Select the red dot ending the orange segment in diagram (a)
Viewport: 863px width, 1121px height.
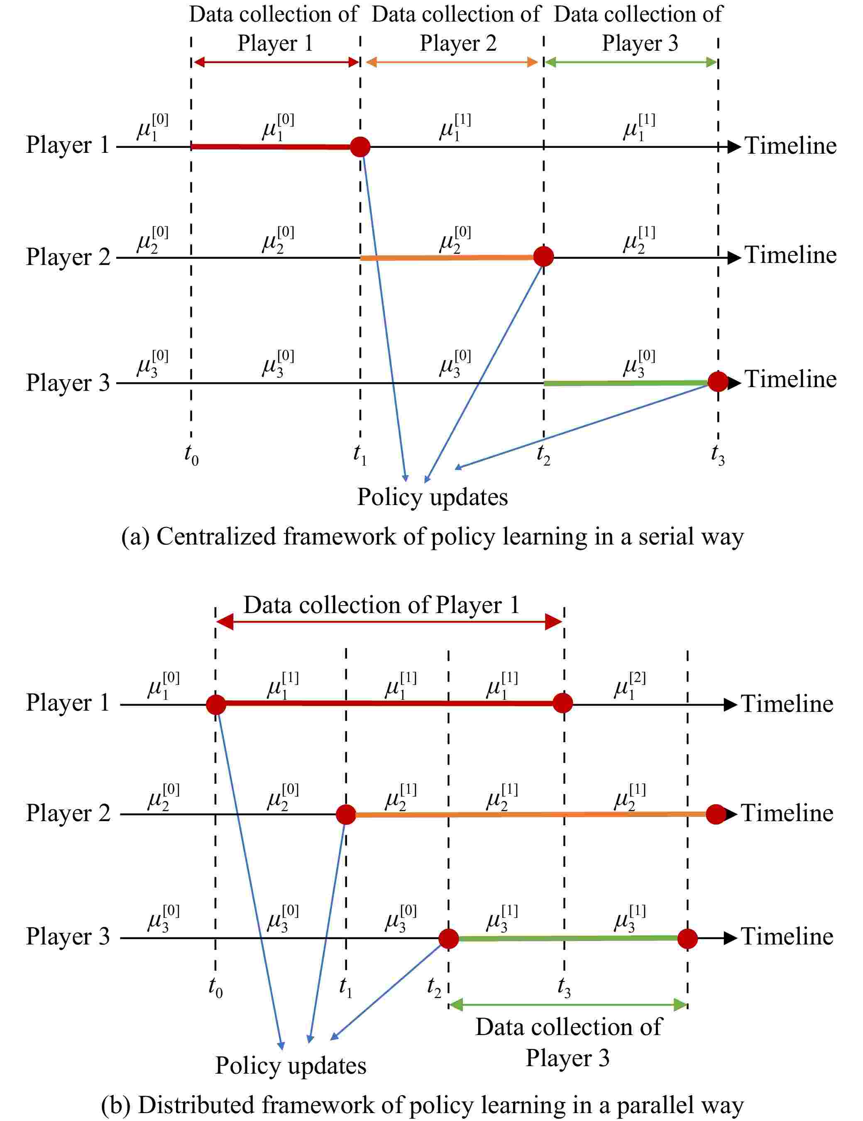[543, 256]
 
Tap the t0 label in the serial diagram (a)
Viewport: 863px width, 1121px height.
[191, 455]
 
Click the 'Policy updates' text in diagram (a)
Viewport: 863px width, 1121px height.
[432, 497]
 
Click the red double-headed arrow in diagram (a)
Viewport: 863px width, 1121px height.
[276, 63]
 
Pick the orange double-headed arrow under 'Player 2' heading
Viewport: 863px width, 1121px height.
[452, 63]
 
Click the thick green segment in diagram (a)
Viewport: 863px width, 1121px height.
[626, 383]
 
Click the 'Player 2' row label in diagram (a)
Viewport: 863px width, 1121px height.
[68, 257]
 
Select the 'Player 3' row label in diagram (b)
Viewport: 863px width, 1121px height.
[68, 936]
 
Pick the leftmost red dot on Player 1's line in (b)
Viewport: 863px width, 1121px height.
[216, 705]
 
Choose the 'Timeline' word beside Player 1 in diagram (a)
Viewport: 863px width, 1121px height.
[790, 146]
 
